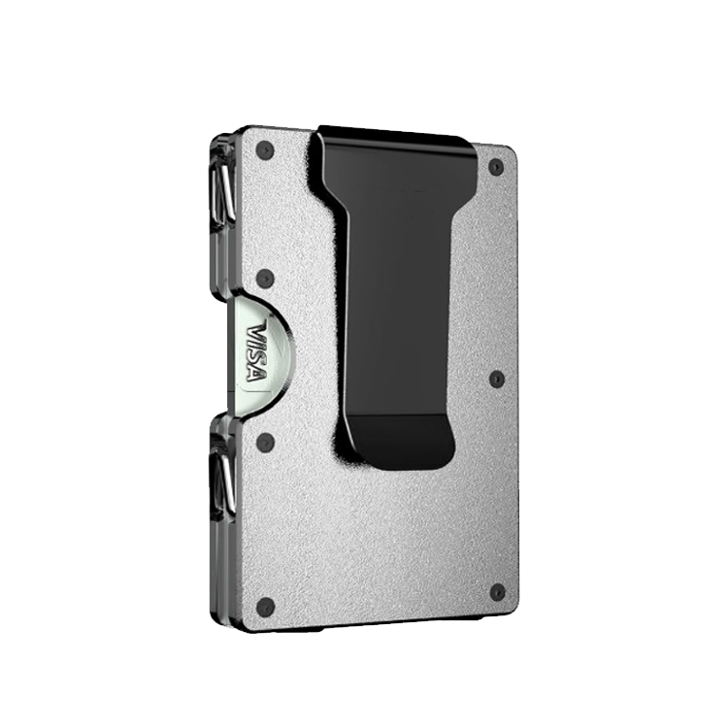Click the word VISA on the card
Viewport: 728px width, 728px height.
click(x=257, y=352)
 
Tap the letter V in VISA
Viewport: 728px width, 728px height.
click(x=258, y=330)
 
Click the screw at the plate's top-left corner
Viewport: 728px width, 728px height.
click(x=265, y=149)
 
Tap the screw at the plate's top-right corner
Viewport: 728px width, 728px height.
click(x=496, y=167)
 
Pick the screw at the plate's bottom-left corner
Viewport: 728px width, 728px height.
click(x=265, y=607)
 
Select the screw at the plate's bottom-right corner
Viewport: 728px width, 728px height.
click(x=497, y=592)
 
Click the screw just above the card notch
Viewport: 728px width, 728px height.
click(x=265, y=278)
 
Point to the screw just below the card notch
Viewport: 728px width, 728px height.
click(x=265, y=443)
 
